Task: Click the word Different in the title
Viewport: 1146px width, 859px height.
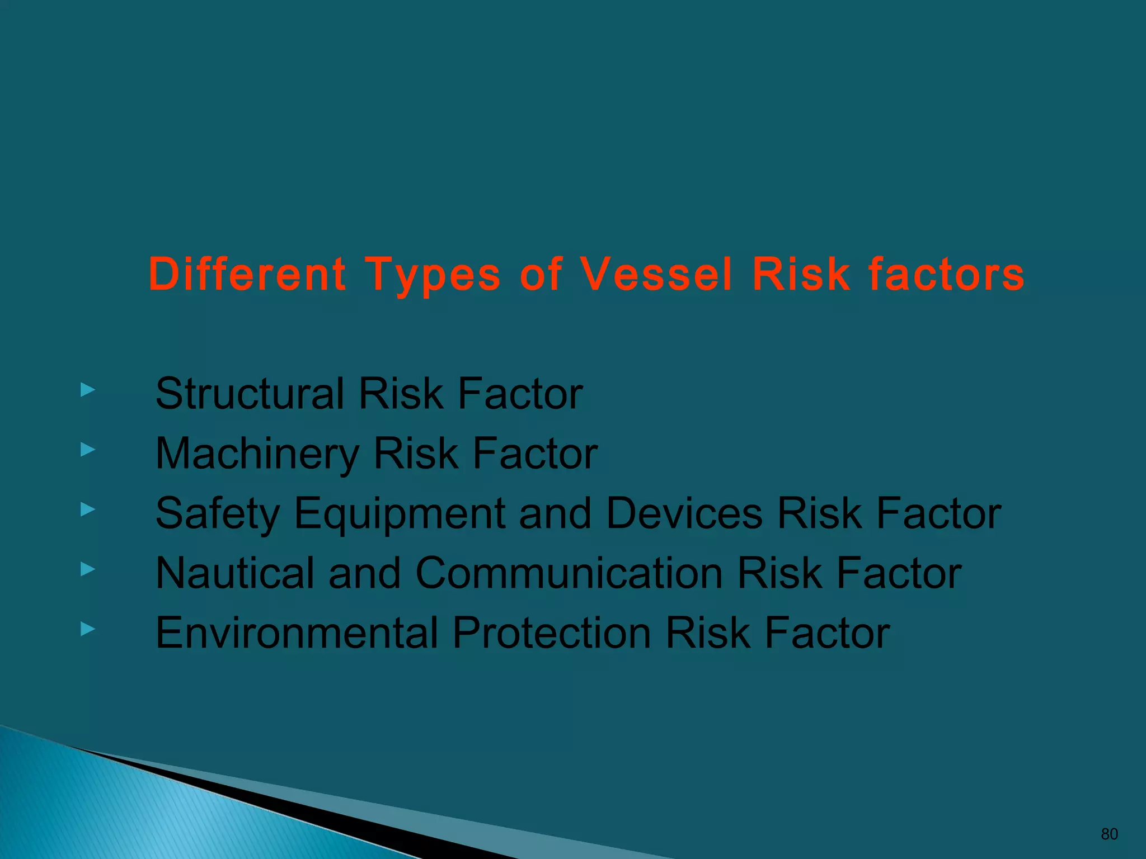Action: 247,274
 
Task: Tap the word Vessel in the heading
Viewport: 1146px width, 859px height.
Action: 655,274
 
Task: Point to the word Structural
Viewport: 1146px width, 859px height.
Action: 249,394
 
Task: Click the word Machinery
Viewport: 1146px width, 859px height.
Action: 257,454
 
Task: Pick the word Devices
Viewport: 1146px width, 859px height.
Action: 684,513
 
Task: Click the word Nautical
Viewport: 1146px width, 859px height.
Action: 234,573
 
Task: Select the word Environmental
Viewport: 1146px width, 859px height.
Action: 297,633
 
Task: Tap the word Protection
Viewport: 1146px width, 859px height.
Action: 551,633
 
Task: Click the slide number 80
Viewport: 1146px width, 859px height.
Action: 1109,834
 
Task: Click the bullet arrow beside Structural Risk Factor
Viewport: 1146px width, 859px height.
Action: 88,390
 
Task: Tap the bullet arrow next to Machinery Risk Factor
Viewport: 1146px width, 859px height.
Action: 88,449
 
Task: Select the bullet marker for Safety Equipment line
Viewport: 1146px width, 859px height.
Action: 88,509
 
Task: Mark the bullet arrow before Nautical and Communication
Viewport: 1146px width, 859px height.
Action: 88,569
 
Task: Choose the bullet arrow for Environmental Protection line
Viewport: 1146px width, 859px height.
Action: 88,629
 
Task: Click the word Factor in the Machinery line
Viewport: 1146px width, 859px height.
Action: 534,454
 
